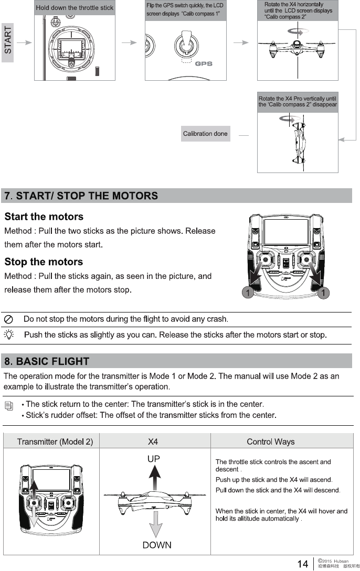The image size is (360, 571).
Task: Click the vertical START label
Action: pos(8,41)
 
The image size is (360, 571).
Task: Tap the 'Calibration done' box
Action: pos(205,134)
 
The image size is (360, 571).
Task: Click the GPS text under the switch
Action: pos(203,64)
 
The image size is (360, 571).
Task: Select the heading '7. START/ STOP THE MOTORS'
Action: pos(81,196)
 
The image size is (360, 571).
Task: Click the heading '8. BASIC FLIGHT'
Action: pos(47,361)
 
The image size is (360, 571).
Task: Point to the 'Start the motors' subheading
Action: pos(44,217)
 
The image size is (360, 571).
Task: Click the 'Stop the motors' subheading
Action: pos(44,262)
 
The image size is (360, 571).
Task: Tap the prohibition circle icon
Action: pos(9,319)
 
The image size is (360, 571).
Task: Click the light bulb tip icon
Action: pos(9,335)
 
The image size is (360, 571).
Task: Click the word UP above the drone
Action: pos(153,459)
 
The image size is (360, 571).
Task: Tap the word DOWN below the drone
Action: pos(157,545)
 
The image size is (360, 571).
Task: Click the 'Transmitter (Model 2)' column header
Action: pos(55,441)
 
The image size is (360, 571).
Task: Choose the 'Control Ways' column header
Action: pos(270,441)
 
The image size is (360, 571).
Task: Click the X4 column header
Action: pos(153,441)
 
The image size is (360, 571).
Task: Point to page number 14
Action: pos(303,564)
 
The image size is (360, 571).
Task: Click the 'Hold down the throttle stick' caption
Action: pos(75,8)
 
